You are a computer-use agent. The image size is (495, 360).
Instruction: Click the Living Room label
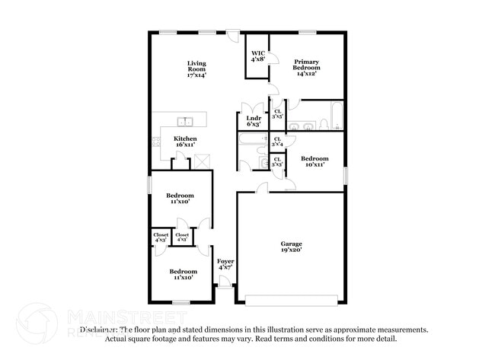click(196, 69)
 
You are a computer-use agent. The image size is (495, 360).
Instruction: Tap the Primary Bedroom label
click(306, 67)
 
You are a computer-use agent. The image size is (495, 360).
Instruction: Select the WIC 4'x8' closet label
click(257, 56)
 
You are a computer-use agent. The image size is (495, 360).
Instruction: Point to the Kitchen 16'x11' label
click(185, 142)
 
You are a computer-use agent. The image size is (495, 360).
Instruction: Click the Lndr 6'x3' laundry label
click(254, 120)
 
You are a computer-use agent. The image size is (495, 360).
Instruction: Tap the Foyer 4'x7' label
click(225, 265)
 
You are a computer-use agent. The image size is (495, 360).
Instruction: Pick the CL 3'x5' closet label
click(277, 115)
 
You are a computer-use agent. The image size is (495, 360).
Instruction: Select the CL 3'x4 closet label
click(277, 142)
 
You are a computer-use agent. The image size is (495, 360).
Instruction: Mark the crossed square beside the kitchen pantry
click(203, 161)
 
